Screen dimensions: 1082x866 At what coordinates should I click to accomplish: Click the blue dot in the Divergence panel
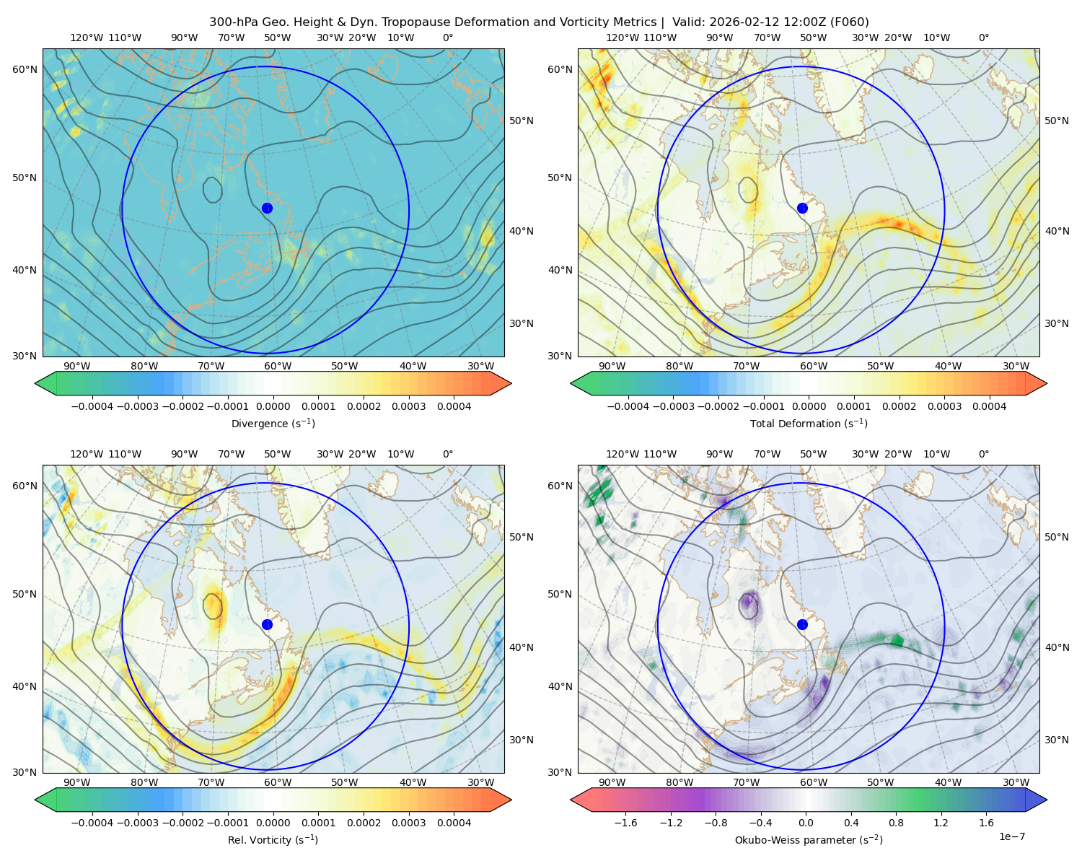[x=267, y=208]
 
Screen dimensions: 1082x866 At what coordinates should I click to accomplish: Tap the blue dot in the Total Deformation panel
[x=802, y=208]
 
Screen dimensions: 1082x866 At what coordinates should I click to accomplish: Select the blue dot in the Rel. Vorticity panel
[x=267, y=624]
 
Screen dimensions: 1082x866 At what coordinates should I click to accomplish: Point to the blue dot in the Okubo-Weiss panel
[x=802, y=624]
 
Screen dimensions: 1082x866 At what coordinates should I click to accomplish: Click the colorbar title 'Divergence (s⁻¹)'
[x=273, y=423]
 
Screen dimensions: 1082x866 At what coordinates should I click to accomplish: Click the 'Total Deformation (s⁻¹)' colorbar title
[x=809, y=423]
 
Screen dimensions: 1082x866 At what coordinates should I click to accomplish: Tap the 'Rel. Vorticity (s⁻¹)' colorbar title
[x=273, y=839]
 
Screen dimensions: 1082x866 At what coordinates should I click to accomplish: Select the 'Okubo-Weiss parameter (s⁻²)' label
[x=809, y=839]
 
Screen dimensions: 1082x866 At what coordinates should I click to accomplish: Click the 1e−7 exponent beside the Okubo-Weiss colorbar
[x=1011, y=836]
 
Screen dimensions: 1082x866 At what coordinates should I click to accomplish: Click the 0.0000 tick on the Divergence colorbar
[x=273, y=406]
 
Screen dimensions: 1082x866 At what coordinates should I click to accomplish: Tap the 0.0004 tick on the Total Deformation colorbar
[x=989, y=406]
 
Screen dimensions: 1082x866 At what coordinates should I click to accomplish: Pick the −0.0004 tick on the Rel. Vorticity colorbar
[x=92, y=822]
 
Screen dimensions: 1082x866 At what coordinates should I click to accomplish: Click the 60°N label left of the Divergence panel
[x=25, y=69]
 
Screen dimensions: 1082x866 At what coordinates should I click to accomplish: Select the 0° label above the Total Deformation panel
[x=983, y=38]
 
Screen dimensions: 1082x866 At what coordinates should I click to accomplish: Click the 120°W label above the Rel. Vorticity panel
[x=87, y=453]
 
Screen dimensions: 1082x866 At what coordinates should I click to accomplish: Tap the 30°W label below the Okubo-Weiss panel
[x=1016, y=782]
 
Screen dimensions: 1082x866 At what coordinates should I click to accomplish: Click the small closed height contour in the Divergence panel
[x=213, y=190]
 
